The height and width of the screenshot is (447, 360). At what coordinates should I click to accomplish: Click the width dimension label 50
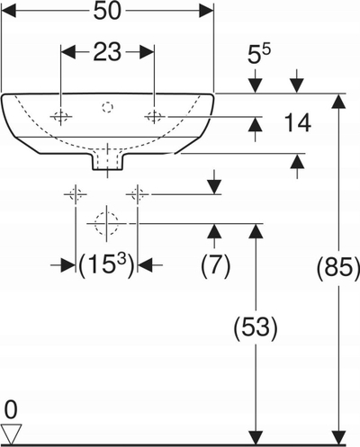tap(107, 12)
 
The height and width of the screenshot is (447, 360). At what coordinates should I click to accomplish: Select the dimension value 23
tap(107, 52)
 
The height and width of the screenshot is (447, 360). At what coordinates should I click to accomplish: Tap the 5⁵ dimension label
tap(259, 54)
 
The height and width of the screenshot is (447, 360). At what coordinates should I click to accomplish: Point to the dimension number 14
tap(297, 123)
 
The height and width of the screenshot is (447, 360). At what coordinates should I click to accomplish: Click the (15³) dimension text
tap(106, 265)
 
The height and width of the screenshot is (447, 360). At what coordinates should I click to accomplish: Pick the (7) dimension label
tap(215, 265)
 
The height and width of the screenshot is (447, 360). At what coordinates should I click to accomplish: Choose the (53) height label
tap(256, 327)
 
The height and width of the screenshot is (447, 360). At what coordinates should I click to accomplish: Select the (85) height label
tap(338, 267)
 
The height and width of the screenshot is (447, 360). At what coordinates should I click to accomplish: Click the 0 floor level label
tap(11, 410)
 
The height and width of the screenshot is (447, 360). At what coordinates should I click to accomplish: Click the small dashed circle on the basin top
tap(107, 107)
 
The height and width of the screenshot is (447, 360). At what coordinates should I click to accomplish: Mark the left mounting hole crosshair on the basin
tap(61, 116)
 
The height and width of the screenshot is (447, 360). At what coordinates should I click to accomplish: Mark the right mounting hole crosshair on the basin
tap(154, 116)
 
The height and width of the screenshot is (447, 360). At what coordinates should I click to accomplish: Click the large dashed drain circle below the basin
tap(106, 224)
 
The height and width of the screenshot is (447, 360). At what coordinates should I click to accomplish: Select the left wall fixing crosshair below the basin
tap(76, 194)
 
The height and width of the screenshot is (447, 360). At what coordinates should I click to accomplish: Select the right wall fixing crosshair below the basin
tap(138, 194)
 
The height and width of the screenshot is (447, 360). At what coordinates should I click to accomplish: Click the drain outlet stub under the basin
tap(107, 162)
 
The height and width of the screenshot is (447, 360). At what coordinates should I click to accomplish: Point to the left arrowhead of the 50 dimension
tap(9, 12)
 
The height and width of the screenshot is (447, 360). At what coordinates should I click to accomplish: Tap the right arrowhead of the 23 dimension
tap(147, 52)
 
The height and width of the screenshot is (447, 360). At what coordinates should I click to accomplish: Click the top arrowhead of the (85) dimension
tap(339, 101)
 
